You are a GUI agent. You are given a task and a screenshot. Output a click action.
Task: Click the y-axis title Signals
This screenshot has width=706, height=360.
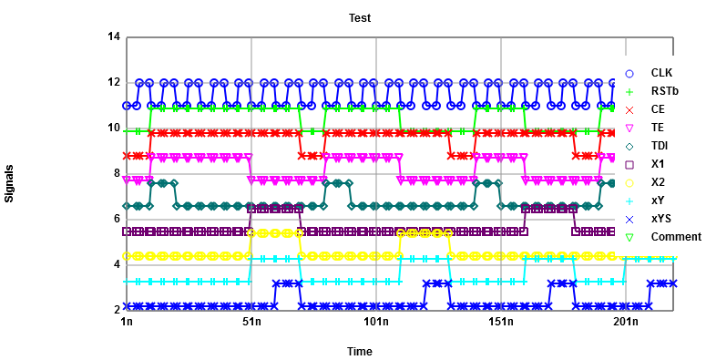10,183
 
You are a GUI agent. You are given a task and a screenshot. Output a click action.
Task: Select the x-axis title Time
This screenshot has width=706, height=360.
360,351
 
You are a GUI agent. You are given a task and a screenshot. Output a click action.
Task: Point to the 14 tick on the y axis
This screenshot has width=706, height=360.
114,37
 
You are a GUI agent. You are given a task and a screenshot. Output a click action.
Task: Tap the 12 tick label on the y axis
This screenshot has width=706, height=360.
114,83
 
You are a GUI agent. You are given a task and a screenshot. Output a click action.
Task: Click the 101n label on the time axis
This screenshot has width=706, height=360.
376,322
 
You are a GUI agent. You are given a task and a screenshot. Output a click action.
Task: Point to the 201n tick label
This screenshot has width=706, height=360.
626,322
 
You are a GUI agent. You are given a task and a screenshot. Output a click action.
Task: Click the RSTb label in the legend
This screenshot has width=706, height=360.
664,91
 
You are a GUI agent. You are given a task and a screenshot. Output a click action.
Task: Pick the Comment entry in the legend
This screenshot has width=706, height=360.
670,237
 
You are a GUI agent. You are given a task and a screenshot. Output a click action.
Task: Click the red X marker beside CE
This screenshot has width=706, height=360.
629,109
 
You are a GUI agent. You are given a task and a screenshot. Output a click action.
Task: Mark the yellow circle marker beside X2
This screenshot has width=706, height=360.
629,182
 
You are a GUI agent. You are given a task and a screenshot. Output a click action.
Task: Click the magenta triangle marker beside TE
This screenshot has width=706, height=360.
629,128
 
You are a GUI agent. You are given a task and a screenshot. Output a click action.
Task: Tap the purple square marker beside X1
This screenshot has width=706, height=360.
629,164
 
